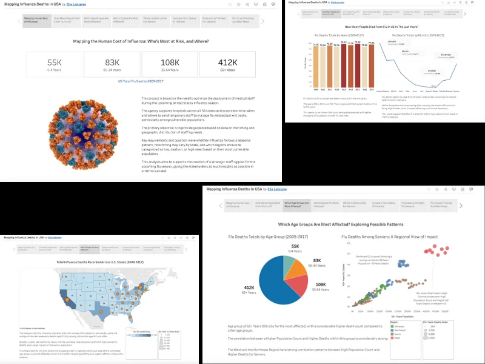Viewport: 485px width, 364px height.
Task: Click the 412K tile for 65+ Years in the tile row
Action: tap(227, 64)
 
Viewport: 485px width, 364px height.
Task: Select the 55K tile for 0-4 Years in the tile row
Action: tap(55, 64)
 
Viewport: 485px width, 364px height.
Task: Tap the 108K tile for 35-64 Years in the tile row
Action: tap(170, 64)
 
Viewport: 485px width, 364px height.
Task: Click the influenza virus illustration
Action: tap(88, 129)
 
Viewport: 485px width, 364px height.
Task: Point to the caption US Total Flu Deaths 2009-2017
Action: tap(141, 81)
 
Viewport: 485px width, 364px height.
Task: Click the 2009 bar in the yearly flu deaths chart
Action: tap(316, 71)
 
